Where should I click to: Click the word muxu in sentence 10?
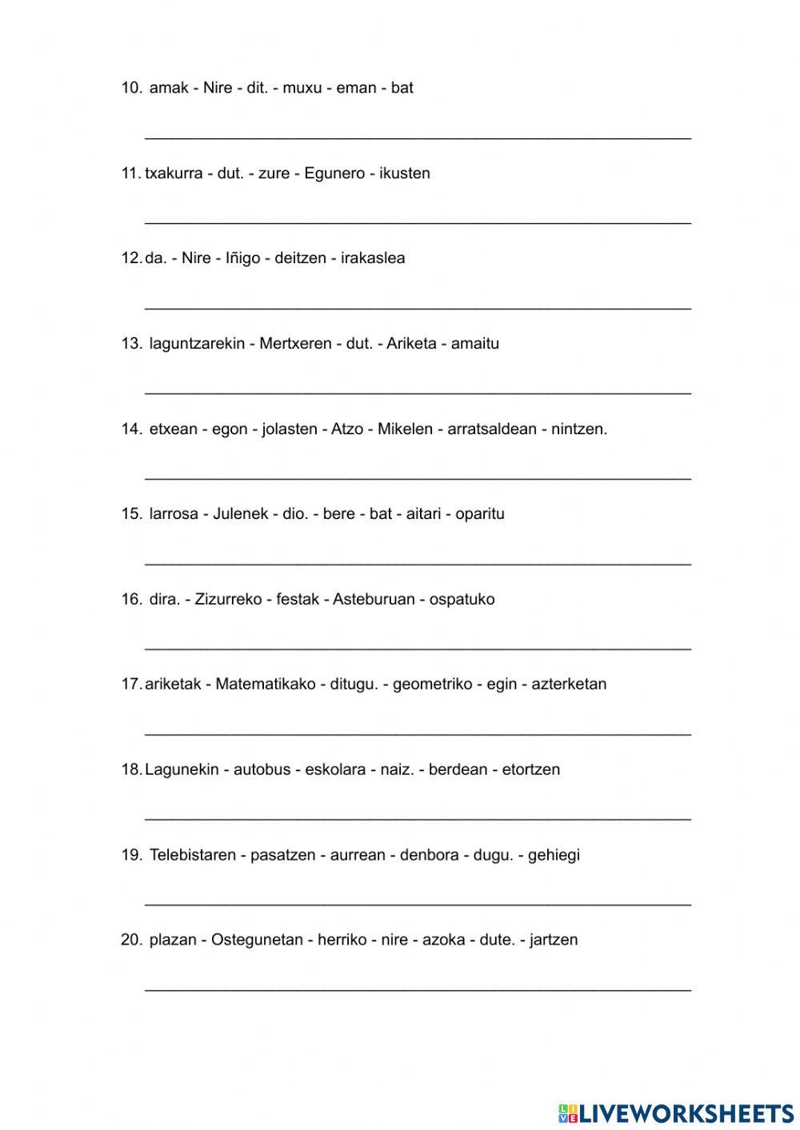point(302,88)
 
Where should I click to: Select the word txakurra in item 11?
point(174,174)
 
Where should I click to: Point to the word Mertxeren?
point(295,344)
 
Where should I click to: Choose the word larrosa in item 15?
point(174,514)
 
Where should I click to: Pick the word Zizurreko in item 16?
point(228,600)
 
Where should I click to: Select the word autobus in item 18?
point(262,770)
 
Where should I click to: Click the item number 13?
point(131,344)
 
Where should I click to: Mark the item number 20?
point(131,940)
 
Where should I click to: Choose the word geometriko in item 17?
point(433,685)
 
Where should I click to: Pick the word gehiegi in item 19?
point(554,855)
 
